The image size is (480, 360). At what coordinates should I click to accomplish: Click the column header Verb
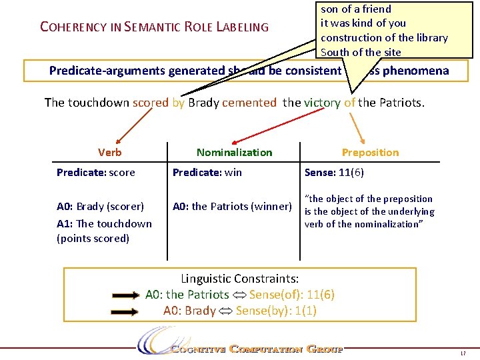pos(109,152)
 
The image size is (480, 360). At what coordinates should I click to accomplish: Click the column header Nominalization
pos(234,152)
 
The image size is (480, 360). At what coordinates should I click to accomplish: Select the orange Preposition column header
pos(370,152)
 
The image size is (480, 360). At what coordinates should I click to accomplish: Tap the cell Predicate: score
pos(96,173)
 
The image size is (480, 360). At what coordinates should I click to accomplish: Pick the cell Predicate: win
pos(207,173)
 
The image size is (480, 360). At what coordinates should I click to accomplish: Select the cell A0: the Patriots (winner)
pos(232,205)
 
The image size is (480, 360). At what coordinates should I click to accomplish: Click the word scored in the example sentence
pos(151,103)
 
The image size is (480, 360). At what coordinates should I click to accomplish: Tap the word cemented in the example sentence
pos(249,103)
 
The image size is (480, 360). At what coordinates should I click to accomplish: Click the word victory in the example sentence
pos(322,103)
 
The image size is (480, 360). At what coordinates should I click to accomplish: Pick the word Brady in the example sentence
pos(203,103)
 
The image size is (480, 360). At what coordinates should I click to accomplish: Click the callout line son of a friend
pos(356,9)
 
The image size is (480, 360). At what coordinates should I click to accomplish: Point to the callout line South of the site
pos(361,52)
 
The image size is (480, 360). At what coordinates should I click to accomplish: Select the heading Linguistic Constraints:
pos(239,278)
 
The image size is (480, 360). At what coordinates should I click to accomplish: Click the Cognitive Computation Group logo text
pos(256,349)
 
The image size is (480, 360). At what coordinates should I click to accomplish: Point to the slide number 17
pos(463,352)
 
